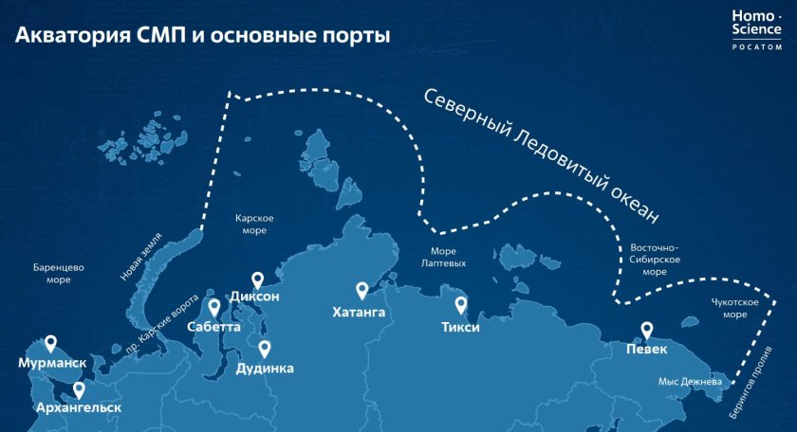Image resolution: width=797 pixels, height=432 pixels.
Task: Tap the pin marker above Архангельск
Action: click(x=78, y=388)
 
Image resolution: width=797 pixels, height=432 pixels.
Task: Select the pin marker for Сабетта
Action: click(x=213, y=308)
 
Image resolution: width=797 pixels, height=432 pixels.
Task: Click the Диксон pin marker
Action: click(x=256, y=279)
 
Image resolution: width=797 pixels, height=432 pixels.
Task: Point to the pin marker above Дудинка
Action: click(x=265, y=350)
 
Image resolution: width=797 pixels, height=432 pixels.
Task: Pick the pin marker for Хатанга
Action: click(x=361, y=290)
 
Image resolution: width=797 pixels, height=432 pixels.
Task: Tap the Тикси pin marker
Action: click(x=461, y=305)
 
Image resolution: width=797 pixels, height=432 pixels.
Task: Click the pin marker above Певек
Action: click(x=647, y=330)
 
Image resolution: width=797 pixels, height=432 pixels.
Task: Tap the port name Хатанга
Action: click(x=360, y=311)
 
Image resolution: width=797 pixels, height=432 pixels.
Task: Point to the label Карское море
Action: click(x=254, y=224)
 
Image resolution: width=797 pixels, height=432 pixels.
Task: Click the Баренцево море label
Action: click(x=58, y=274)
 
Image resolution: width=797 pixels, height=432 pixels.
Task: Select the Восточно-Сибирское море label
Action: click(x=654, y=260)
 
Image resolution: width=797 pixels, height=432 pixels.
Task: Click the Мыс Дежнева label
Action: click(x=691, y=383)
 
